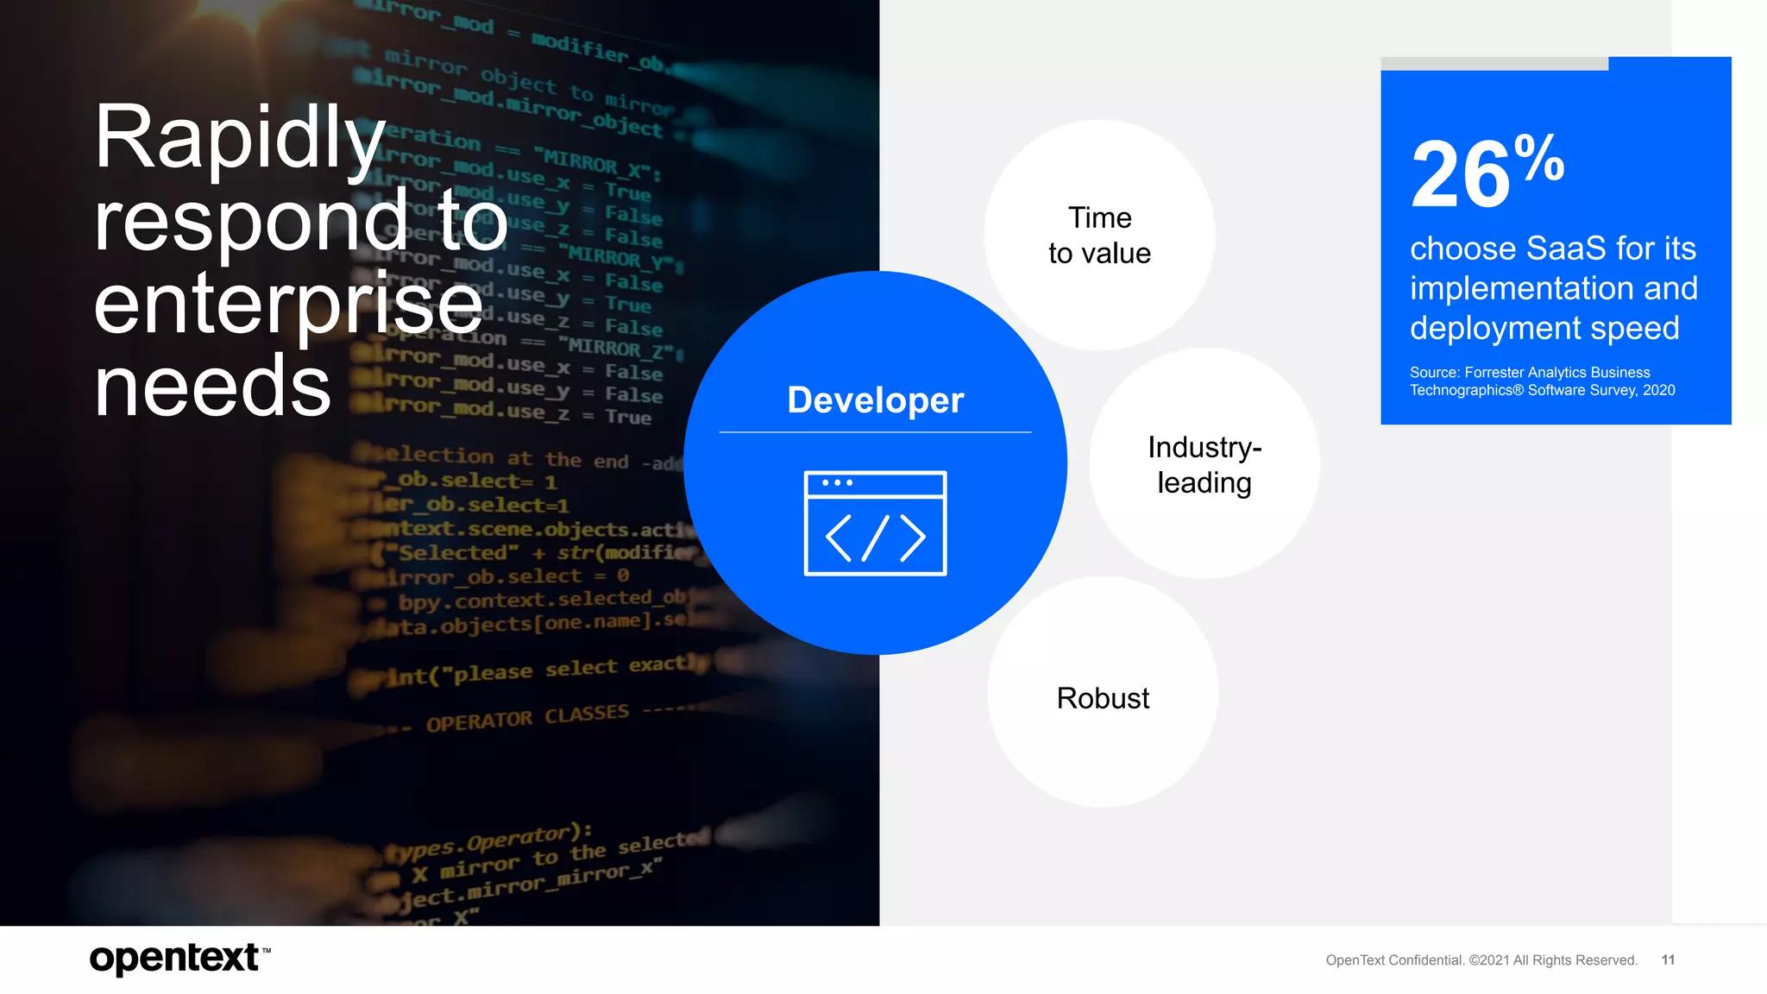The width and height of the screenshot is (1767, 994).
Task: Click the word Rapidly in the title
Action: (x=239, y=138)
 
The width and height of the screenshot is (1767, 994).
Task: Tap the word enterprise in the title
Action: (x=287, y=305)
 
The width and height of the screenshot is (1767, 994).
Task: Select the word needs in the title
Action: (x=212, y=387)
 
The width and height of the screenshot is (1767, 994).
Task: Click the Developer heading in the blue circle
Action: (x=875, y=400)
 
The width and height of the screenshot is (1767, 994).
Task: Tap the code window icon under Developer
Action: (x=875, y=523)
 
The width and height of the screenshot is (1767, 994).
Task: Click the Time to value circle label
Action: (x=1099, y=236)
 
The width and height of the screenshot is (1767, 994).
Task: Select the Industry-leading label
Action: (x=1204, y=465)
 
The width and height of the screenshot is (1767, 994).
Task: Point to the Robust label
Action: (x=1103, y=698)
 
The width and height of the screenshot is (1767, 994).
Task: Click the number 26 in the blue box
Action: (x=1460, y=176)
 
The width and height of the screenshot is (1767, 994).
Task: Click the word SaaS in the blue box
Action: (x=1566, y=248)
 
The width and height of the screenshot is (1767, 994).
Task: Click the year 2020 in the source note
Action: (x=1658, y=390)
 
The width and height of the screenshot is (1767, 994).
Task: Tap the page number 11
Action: (x=1668, y=959)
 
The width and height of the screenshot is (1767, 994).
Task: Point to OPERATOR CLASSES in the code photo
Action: (x=527, y=718)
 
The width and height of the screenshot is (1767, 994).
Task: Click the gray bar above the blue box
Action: (x=1494, y=64)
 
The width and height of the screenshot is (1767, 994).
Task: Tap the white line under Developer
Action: (x=875, y=432)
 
